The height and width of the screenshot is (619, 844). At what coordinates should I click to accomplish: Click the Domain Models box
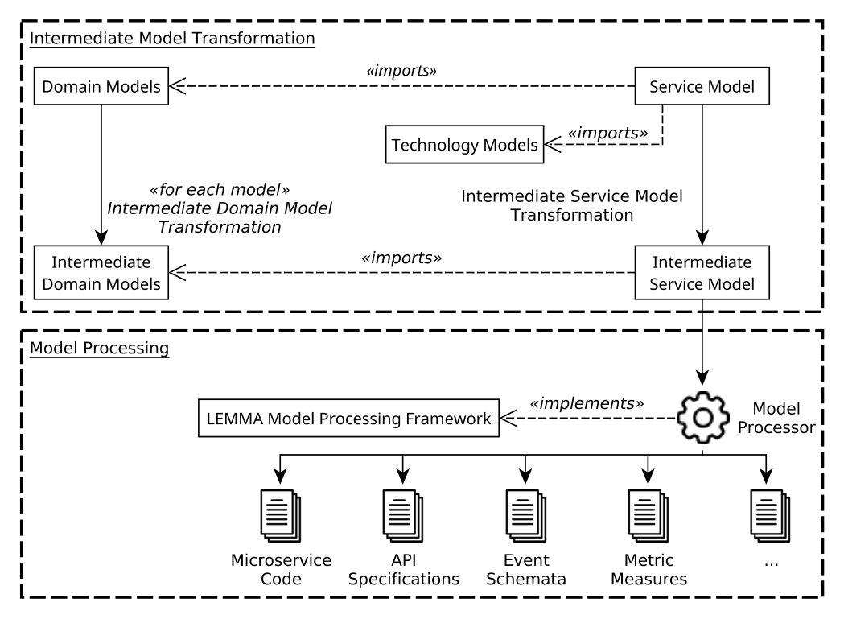[x=101, y=86]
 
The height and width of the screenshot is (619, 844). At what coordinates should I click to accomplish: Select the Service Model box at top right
[x=702, y=86]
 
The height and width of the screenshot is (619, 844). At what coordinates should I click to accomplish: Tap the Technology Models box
[x=464, y=144]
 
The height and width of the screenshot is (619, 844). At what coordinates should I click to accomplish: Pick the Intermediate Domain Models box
[x=101, y=273]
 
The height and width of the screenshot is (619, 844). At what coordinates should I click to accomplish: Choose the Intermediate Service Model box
[x=702, y=273]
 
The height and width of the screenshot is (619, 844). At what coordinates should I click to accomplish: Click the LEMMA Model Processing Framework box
[x=349, y=418]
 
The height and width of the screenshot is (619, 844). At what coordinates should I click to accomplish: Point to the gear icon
[x=702, y=418]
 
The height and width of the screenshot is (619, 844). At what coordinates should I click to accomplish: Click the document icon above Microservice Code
[x=281, y=515]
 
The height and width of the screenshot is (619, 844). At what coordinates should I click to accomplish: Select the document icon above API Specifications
[x=402, y=515]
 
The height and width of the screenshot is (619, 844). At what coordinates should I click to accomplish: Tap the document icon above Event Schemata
[x=525, y=515]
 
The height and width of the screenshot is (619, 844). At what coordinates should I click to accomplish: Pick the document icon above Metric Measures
[x=648, y=515]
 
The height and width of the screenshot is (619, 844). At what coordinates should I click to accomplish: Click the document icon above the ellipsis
[x=770, y=515]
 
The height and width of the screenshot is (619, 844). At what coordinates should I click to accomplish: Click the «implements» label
[x=587, y=403]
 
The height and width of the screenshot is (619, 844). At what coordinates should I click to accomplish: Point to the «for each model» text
[x=220, y=190]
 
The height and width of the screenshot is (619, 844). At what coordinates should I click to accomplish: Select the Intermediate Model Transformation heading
[x=172, y=39]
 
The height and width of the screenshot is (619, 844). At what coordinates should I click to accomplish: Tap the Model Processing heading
[x=99, y=348]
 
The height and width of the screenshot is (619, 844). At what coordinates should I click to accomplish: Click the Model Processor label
[x=776, y=418]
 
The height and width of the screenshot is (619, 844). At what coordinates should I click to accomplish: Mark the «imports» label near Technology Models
[x=607, y=133]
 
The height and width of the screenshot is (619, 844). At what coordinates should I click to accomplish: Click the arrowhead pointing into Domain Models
[x=177, y=86]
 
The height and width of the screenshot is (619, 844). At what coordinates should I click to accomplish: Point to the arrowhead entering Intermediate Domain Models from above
[x=101, y=237]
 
